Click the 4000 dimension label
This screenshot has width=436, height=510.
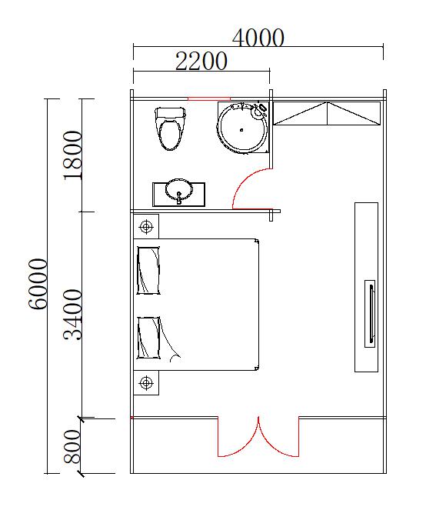(x=258, y=37)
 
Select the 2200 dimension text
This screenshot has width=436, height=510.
(x=201, y=61)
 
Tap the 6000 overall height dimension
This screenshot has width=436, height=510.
(x=38, y=284)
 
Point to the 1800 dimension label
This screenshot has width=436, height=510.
(x=72, y=155)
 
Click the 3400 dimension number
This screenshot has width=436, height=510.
(x=72, y=315)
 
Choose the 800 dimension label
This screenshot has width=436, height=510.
(x=72, y=447)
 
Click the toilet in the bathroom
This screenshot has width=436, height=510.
(x=171, y=128)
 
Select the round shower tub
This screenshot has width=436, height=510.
(x=243, y=127)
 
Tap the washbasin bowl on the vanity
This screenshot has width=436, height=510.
(x=178, y=189)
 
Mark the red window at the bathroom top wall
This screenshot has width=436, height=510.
(x=209, y=98)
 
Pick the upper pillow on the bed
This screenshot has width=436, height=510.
(x=148, y=270)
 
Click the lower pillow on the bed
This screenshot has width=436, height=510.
(x=148, y=338)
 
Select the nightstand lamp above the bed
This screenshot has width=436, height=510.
(x=146, y=226)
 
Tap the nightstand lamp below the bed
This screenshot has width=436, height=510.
(x=146, y=383)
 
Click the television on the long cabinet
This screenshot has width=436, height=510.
(x=370, y=314)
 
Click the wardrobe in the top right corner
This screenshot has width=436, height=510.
(x=327, y=113)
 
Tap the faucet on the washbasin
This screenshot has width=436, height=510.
(x=179, y=198)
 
